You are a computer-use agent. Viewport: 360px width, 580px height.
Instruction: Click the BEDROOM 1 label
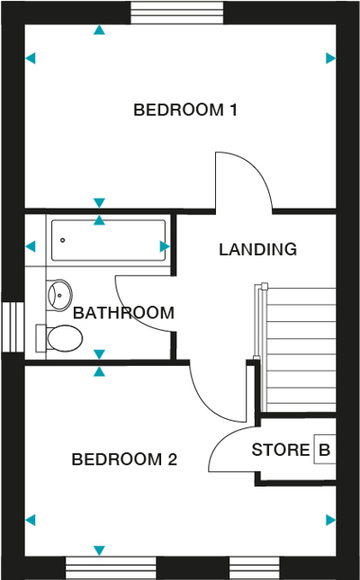[185, 111]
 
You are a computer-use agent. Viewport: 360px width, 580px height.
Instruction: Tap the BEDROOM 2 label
[124, 460]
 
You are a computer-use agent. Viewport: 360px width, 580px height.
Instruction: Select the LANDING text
[257, 249]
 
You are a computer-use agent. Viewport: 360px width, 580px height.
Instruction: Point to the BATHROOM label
[123, 313]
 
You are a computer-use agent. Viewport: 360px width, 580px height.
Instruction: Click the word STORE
[281, 450]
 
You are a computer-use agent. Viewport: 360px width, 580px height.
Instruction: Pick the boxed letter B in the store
[322, 450]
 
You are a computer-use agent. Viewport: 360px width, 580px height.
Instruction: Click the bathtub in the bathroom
[108, 241]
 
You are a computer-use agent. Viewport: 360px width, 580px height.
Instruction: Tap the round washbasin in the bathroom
[60, 294]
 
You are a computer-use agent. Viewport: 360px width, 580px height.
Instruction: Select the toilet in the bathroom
[60, 338]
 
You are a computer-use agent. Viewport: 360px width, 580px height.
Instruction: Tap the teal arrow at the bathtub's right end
[165, 245]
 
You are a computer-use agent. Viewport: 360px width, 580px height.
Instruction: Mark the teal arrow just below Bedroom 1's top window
[99, 31]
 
